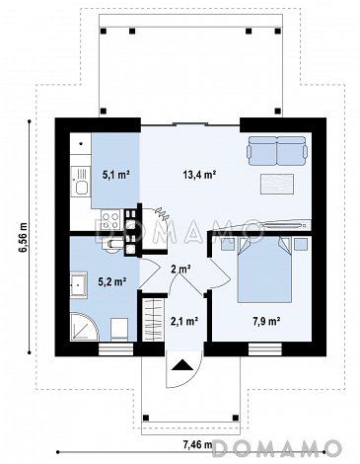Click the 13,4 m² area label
pos(199,175)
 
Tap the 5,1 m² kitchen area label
pos(115,175)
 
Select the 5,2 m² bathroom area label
pos(112,281)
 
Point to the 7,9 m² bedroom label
pos(266,320)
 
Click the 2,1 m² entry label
pos(184,320)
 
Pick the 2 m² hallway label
pos(181,270)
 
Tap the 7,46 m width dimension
pos(197,445)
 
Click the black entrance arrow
pos(181,365)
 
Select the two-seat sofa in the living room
pos(277,151)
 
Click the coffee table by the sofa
pos(277,184)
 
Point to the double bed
pos(264,270)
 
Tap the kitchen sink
pos(81,182)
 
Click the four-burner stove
pos(110,220)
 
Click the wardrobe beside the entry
pos(154,320)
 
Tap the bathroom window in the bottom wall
pos(115,349)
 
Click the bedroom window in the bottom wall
pos(265,349)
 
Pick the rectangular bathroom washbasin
pos(79,285)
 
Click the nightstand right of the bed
pos(301,245)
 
